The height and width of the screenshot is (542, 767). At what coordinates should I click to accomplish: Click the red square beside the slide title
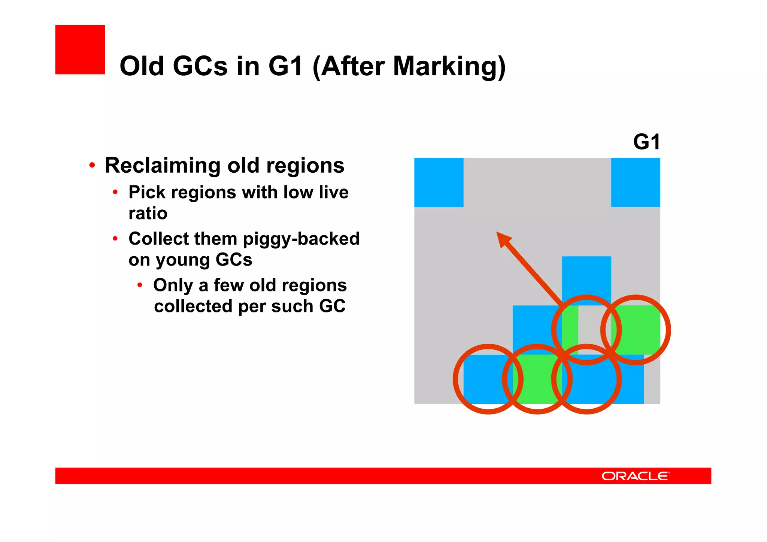pos(80,49)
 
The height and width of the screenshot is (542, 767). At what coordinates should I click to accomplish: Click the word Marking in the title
pos(449,66)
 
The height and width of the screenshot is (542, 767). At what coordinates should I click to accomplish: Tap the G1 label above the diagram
pos(646,142)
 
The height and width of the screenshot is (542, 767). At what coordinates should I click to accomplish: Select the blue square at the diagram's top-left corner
pos(439,182)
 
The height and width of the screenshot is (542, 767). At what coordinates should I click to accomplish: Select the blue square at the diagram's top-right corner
pos(635,182)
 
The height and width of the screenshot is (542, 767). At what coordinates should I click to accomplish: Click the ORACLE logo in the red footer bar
pos(635,476)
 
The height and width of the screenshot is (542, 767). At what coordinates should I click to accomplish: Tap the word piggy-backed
pos(301,239)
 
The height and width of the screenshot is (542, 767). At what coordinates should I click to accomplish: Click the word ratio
pos(148,214)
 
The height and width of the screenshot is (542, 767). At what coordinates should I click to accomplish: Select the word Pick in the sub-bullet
pos(147,193)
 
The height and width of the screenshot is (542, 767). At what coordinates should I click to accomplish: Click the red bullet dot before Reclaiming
pos(92,165)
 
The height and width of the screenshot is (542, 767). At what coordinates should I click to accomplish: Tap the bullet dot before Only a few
pos(140,285)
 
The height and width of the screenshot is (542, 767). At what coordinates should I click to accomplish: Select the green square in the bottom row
pos(537,379)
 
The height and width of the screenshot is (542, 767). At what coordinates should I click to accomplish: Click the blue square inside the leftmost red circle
pos(487,379)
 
